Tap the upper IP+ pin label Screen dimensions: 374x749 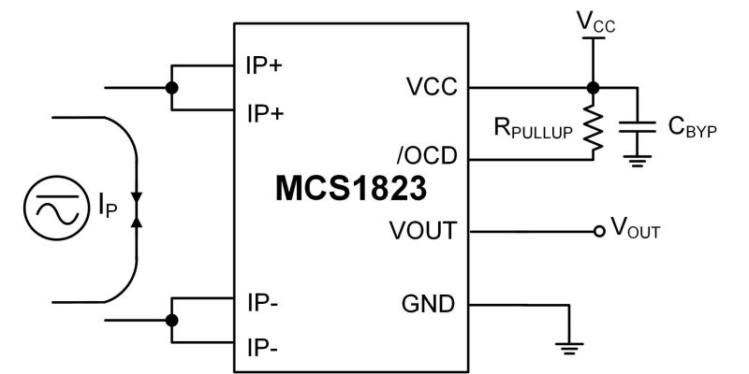click(265, 67)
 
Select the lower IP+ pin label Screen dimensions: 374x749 click(265, 112)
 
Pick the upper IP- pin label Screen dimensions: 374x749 click(262, 303)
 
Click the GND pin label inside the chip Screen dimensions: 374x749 click(429, 303)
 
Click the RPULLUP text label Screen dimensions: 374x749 click(531, 130)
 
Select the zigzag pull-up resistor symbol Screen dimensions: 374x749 click(592, 127)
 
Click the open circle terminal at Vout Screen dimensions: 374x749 click(597, 231)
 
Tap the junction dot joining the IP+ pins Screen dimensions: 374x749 click(170, 89)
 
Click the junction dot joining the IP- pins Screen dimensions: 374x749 click(170, 320)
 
